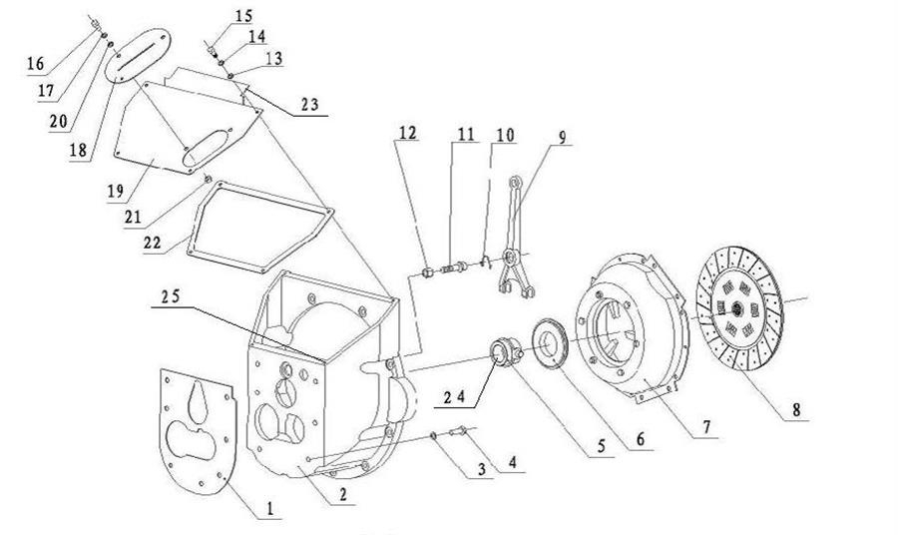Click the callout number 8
794,410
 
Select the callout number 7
706,427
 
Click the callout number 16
36,64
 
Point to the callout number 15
244,15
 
